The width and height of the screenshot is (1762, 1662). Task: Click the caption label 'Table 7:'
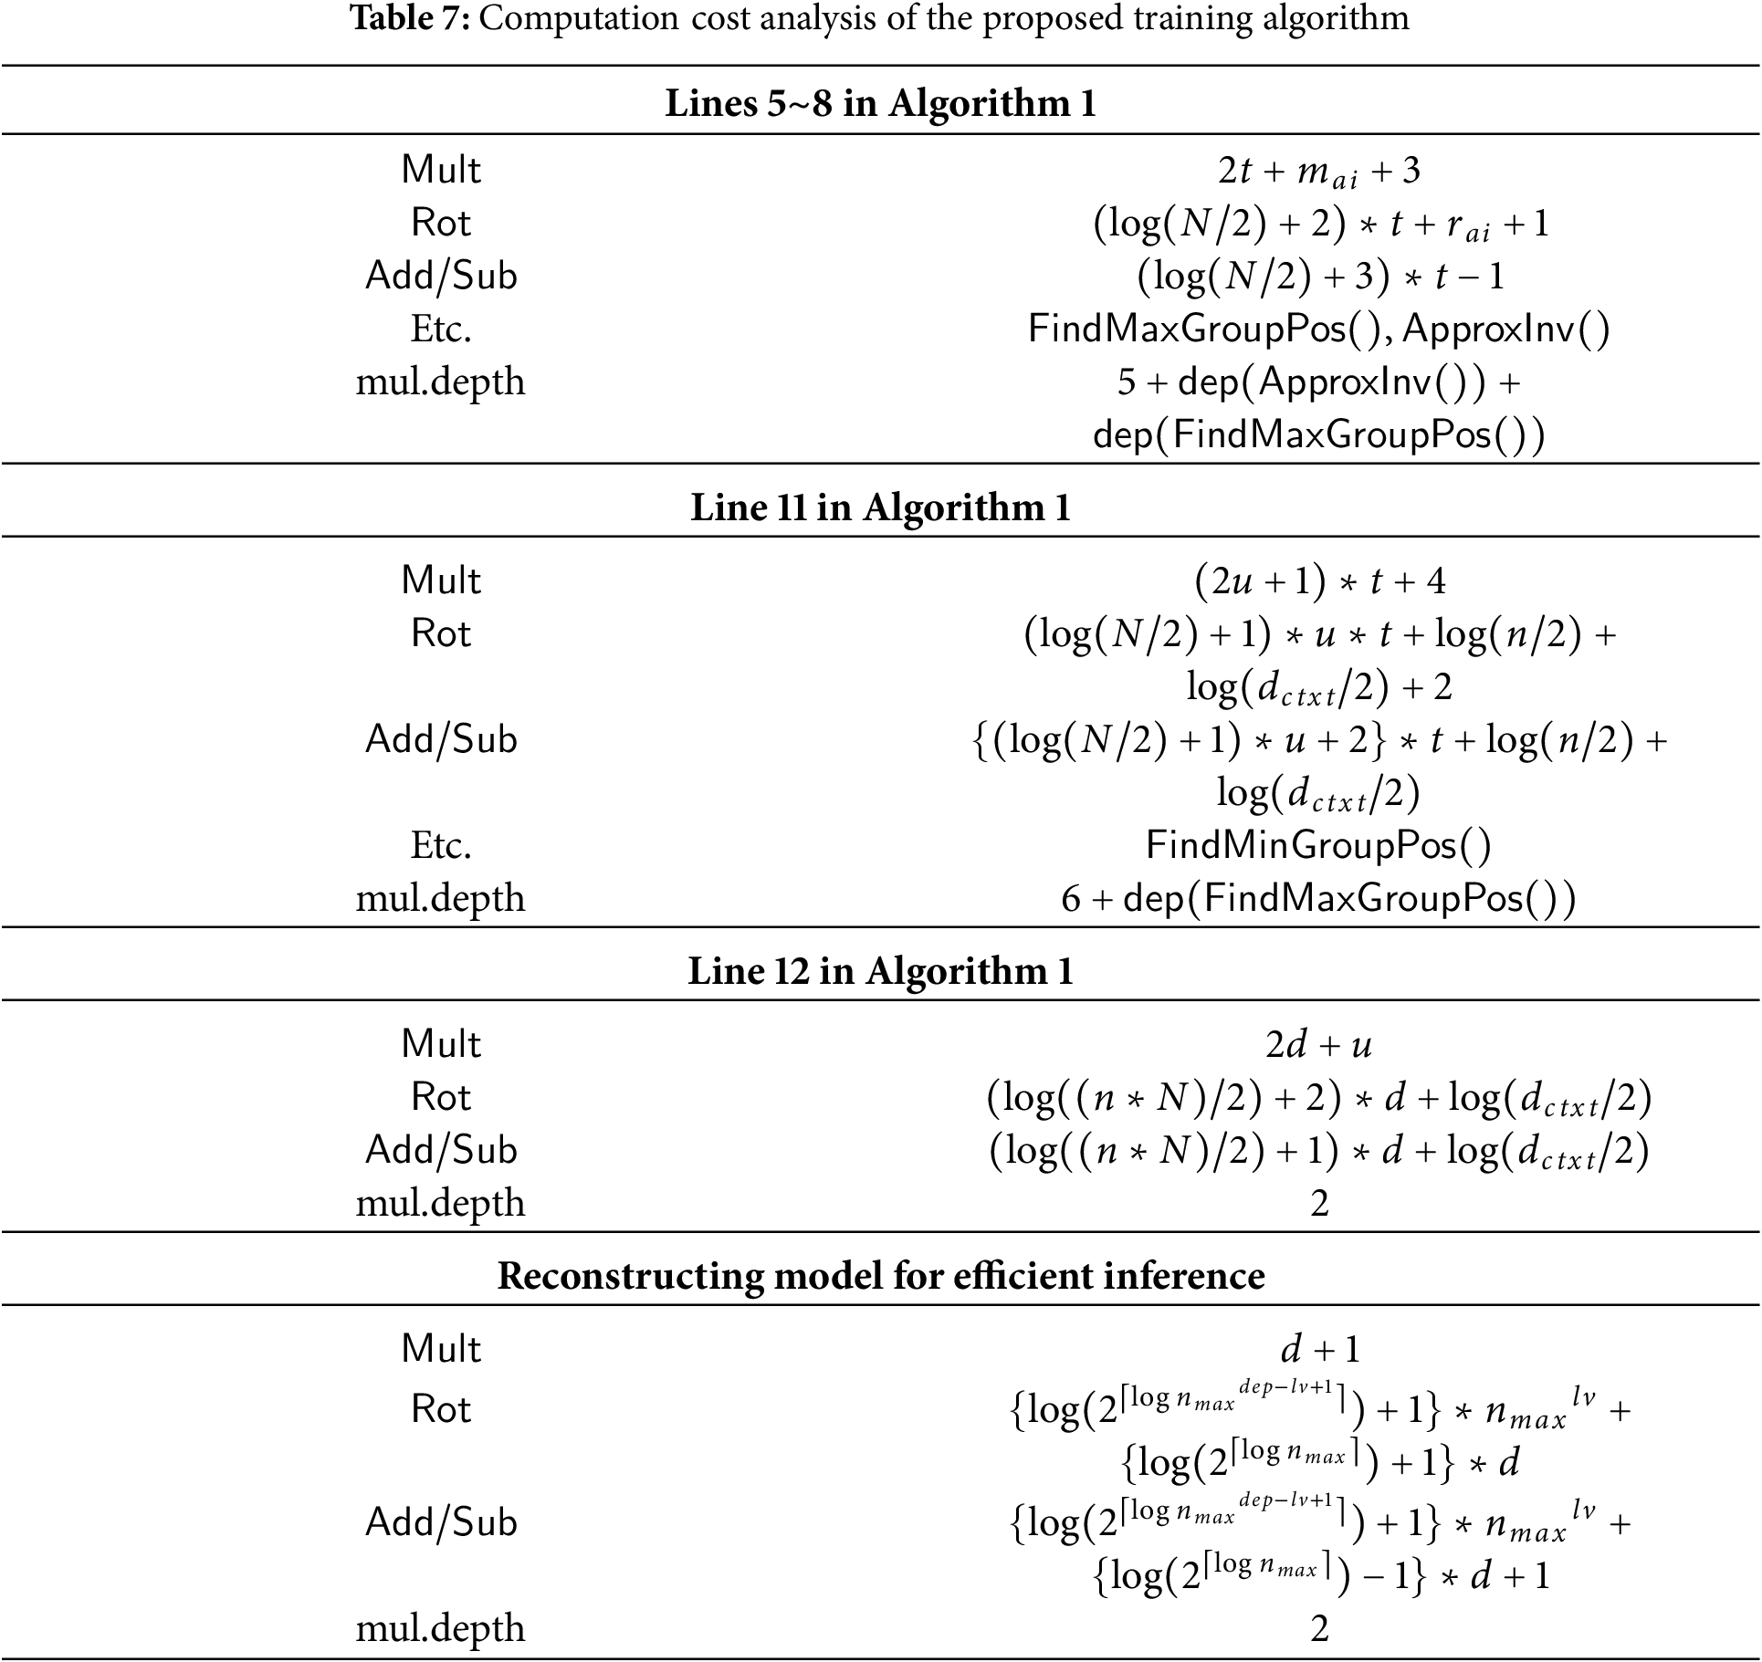[410, 18]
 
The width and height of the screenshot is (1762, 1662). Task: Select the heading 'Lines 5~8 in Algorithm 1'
[880, 103]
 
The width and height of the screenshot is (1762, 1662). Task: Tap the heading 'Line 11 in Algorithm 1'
[880, 507]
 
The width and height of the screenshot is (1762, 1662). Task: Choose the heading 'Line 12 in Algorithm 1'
[880, 971]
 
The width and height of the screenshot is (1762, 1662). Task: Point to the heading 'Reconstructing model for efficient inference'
[880, 1275]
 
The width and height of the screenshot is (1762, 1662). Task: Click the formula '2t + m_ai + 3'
[1319, 171]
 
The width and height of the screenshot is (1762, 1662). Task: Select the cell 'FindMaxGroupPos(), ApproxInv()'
[1319, 329]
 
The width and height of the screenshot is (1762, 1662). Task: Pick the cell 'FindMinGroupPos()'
[1319, 845]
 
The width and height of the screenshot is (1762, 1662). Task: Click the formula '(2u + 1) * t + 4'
[1319, 581]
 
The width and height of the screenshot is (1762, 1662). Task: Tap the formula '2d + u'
[1319, 1045]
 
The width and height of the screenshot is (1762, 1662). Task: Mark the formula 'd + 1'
[1319, 1349]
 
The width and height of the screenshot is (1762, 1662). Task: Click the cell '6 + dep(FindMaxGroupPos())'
[1319, 899]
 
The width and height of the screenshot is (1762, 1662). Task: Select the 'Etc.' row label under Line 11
[441, 845]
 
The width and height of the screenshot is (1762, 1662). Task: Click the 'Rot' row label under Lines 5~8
[441, 224]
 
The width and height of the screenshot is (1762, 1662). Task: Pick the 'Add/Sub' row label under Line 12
[441, 1150]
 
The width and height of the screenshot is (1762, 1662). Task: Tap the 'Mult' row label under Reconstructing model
[441, 1349]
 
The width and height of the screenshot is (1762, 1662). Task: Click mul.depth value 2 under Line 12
[1319, 1204]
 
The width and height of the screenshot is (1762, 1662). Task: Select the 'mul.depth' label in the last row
[441, 1628]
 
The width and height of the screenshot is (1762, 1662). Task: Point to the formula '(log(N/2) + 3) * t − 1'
[1319, 277]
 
